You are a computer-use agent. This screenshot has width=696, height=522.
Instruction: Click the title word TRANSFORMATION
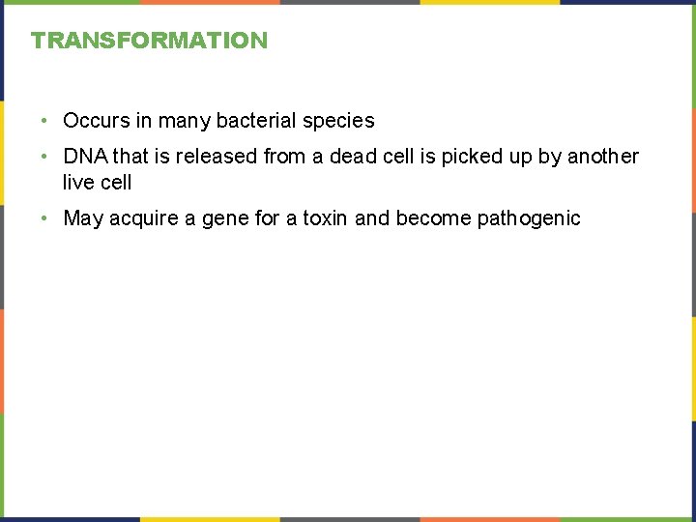click(x=149, y=41)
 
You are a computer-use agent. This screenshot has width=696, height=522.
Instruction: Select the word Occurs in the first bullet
click(x=96, y=121)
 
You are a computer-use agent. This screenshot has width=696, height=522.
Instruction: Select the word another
click(x=603, y=157)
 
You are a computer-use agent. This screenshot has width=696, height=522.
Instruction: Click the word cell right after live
click(x=116, y=182)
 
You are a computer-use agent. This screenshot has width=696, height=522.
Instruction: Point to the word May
click(x=83, y=218)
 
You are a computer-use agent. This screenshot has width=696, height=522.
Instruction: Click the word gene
click(x=227, y=219)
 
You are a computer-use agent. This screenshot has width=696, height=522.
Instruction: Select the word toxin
click(x=326, y=218)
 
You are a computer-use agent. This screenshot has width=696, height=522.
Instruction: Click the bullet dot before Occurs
click(x=45, y=122)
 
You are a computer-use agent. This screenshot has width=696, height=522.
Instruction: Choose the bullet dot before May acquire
click(x=45, y=219)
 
